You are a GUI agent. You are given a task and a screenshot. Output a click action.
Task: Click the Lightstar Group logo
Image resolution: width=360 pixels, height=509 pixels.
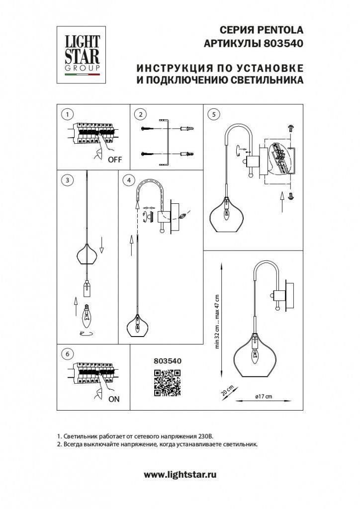tap(83, 55)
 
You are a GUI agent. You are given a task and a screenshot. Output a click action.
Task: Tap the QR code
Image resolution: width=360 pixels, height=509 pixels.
tap(167, 384)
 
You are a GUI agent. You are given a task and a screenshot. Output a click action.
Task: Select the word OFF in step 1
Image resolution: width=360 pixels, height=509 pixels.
tap(115, 160)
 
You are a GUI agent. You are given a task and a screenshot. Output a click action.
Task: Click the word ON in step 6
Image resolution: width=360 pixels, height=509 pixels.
tap(114, 399)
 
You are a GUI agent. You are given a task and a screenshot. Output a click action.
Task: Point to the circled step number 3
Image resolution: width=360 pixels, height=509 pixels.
tap(66, 180)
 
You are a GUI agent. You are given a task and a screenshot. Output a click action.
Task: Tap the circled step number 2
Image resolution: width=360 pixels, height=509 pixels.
tap(141, 114)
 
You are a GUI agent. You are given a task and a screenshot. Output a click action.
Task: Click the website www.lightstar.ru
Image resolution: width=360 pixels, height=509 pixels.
tap(180, 475)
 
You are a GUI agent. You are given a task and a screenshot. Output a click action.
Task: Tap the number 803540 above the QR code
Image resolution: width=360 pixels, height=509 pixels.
tap(166, 361)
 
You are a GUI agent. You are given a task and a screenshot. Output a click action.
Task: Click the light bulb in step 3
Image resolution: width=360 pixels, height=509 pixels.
tap(87, 314)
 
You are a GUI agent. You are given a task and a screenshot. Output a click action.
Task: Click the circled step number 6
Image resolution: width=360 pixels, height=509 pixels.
tap(66, 354)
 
